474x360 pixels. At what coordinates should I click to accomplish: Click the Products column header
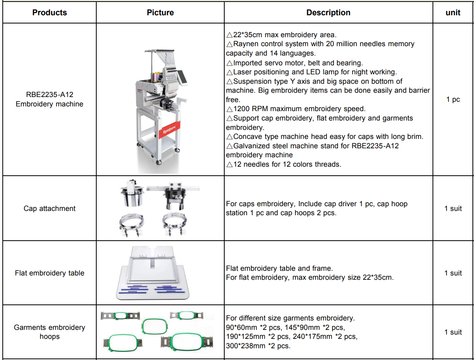tap(49, 13)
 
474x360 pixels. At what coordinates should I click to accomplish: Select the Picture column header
tap(160, 13)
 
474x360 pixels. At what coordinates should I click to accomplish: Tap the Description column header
tap(328, 13)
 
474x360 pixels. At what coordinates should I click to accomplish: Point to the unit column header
tap(453, 13)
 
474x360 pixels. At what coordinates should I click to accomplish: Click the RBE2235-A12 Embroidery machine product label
tap(49, 99)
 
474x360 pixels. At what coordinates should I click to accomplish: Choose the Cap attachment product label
tap(49, 209)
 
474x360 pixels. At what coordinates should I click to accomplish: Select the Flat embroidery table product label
tap(49, 273)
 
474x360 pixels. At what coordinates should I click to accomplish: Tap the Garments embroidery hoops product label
tap(49, 332)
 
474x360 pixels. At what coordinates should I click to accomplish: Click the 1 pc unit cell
tap(453, 99)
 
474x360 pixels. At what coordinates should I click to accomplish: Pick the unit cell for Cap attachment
tap(453, 209)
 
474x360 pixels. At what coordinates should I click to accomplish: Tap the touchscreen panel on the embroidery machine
tap(182, 77)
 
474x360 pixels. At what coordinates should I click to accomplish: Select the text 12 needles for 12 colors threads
tap(284, 164)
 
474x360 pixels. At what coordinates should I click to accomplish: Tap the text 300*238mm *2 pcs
tap(258, 346)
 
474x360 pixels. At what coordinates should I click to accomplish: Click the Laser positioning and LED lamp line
tap(311, 72)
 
